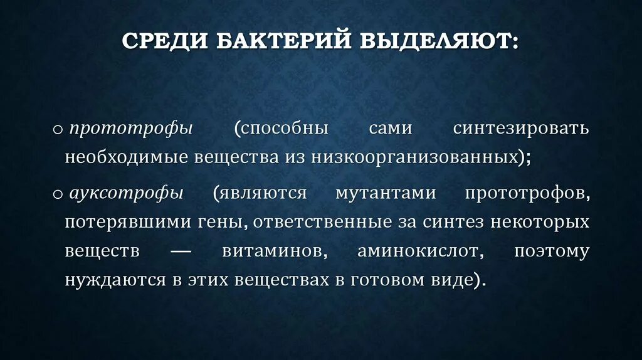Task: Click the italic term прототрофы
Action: point(131,129)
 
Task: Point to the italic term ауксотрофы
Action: point(127,193)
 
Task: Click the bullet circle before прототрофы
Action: point(58,130)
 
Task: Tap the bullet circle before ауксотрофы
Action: point(58,194)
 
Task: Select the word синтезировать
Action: point(520,129)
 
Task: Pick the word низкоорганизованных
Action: point(414,157)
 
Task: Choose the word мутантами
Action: point(385,193)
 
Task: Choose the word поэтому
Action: point(551,251)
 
